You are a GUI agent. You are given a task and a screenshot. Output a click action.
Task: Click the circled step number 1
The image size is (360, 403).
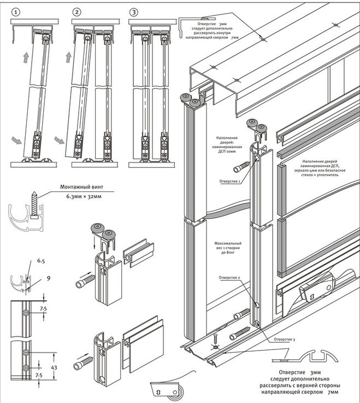tap(17, 11)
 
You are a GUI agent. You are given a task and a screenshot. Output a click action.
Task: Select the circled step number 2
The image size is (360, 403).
tap(77, 11)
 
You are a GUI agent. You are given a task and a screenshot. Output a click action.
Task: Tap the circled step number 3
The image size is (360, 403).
tap(134, 11)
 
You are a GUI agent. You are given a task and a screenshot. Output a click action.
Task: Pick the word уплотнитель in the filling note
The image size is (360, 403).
tap(324, 177)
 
